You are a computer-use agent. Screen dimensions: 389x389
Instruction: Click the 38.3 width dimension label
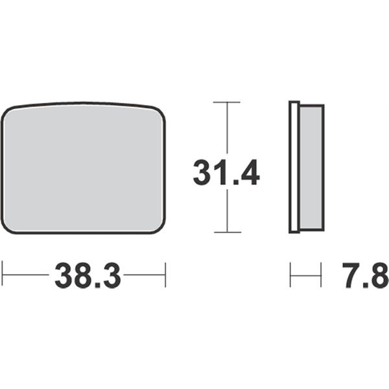(88, 275)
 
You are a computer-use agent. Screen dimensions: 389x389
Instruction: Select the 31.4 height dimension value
(226, 172)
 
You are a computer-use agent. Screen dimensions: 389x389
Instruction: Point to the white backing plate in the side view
(294, 167)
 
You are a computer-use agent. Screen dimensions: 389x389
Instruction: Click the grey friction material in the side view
(312, 167)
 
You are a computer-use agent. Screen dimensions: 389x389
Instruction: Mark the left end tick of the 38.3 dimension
(2, 274)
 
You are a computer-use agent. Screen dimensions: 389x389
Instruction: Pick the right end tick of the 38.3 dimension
(165, 275)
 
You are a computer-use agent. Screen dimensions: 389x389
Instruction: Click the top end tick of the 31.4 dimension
(227, 102)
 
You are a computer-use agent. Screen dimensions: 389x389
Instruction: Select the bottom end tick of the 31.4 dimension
(228, 233)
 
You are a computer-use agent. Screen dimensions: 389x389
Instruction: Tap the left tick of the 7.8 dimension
(290, 275)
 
